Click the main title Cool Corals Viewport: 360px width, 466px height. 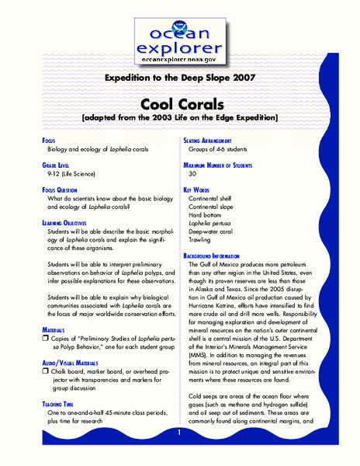179,103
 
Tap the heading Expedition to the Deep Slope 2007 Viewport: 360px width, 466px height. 179,78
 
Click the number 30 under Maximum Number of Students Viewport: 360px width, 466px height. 192,174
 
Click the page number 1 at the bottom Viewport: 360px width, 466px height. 179,432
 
